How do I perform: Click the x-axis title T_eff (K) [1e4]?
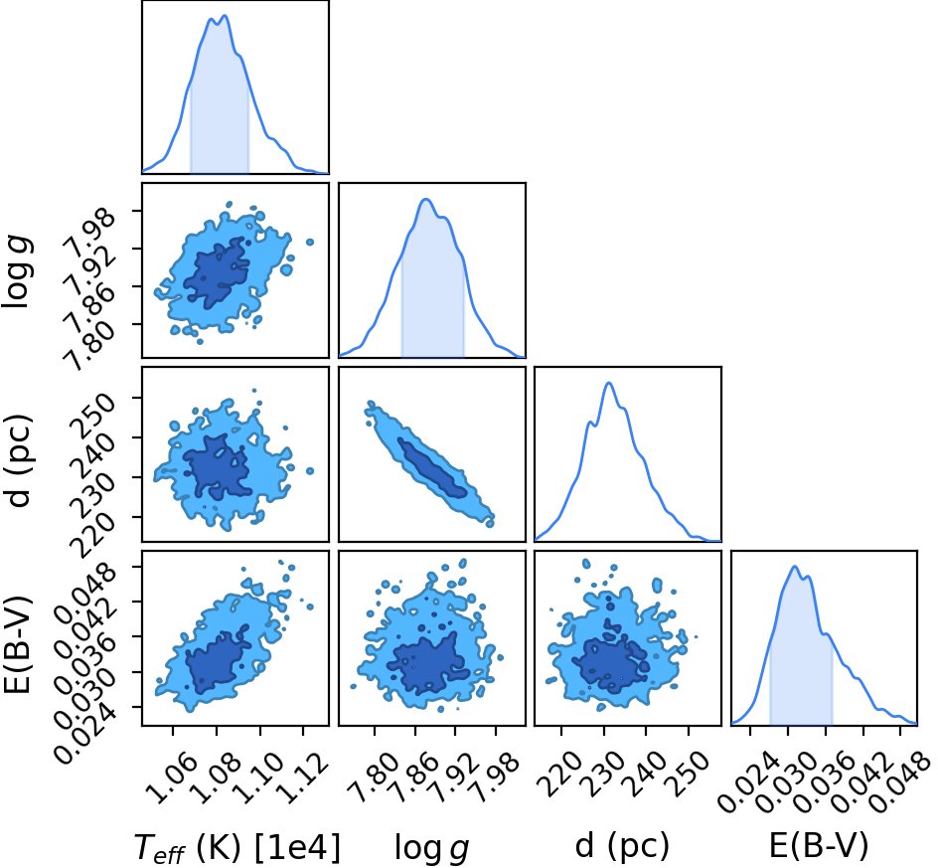click(236, 848)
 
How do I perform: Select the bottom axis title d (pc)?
click(622, 846)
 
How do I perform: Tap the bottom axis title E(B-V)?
click(818, 846)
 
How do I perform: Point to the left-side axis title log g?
click(17, 271)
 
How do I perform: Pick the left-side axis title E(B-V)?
click(17, 644)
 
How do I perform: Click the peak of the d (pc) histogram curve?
click(609, 383)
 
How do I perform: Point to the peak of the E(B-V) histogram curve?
click(795, 567)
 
